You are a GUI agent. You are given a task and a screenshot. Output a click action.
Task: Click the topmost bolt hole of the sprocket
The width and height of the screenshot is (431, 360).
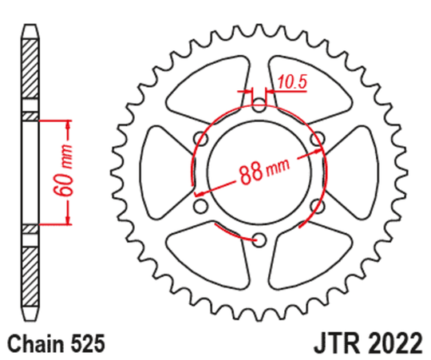coord(259,104)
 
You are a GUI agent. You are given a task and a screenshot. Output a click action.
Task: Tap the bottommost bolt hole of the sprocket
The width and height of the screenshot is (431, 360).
coord(259,239)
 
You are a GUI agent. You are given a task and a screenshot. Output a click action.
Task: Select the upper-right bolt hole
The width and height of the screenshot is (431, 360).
coord(318,137)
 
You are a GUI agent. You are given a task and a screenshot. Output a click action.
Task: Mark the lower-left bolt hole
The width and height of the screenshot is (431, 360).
coord(200,205)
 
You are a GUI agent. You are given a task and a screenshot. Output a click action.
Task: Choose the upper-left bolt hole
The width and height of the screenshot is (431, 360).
coord(200,137)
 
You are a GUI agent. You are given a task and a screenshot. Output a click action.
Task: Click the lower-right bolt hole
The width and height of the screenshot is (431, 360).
coord(318,205)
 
